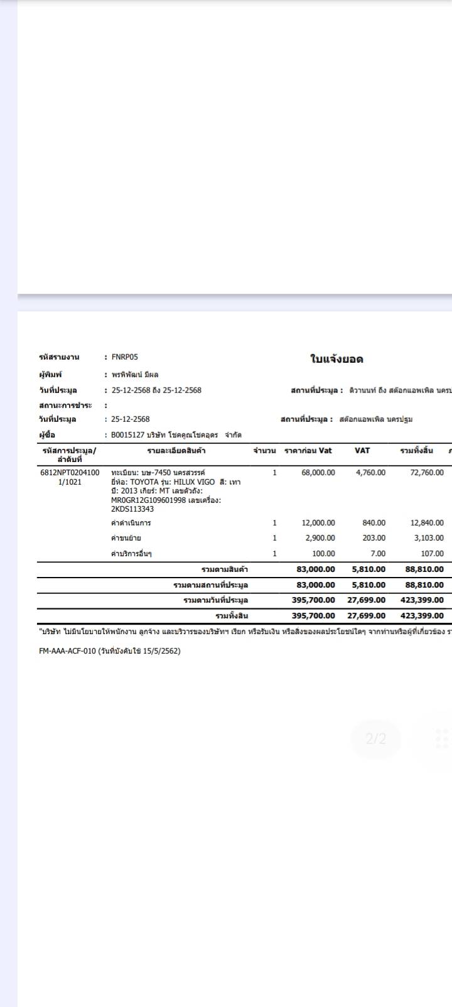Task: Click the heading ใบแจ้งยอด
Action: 336,359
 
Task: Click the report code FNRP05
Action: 125,357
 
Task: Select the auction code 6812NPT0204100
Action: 70,473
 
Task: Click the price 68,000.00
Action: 318,473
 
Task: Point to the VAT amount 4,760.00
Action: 370,473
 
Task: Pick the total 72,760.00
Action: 427,473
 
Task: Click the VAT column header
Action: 362,451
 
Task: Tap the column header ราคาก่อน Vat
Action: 308,451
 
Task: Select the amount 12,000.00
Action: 318,523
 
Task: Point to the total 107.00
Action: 432,554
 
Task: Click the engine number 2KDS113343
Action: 132,509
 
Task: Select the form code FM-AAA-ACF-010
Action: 67,651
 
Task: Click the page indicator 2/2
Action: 375,739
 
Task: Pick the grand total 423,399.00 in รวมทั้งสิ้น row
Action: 422,616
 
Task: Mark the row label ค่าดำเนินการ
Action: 131,523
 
